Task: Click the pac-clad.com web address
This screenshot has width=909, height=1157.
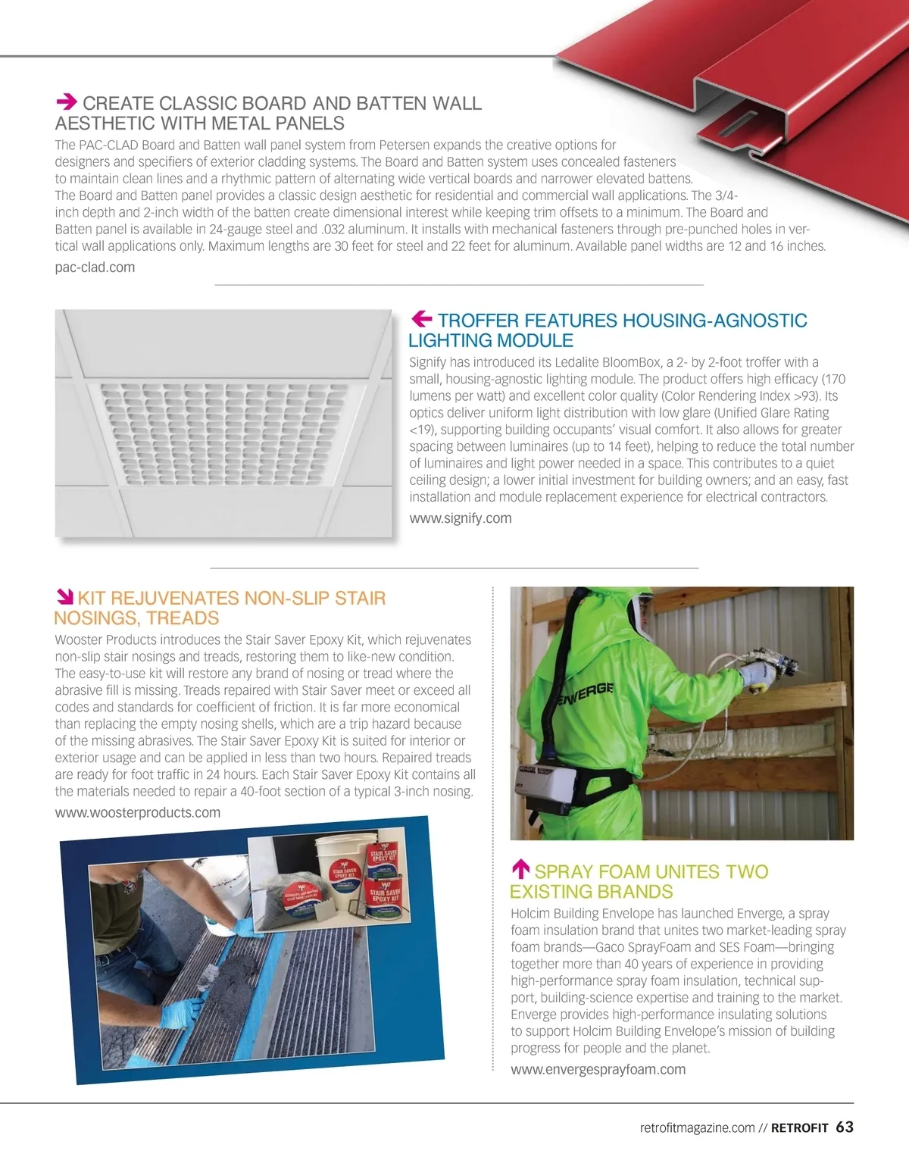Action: tap(95, 267)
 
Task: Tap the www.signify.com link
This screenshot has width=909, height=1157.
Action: tap(460, 518)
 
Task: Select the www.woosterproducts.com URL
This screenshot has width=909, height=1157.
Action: tap(137, 812)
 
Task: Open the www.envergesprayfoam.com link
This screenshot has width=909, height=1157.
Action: tap(598, 1069)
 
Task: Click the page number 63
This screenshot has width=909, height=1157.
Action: tap(845, 1127)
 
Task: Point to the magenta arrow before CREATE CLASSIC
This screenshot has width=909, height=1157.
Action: tap(67, 102)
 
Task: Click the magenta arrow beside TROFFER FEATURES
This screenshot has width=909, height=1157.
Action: tap(421, 319)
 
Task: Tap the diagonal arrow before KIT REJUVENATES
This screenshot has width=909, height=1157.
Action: tap(64, 598)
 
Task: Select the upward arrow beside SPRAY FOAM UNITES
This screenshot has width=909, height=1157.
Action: tap(520, 870)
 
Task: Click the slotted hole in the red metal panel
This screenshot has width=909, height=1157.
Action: tap(738, 124)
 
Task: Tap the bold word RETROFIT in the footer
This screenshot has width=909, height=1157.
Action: tap(799, 1128)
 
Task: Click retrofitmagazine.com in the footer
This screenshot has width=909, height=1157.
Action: tap(697, 1128)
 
